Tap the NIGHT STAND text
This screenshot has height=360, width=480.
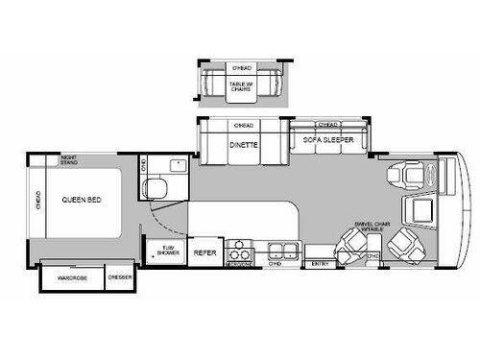pyautogui.click(x=69, y=159)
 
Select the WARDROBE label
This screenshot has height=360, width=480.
pyautogui.click(x=72, y=278)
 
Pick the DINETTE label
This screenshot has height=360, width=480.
pyautogui.click(x=243, y=144)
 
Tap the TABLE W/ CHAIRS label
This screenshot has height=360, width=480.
pyautogui.click(x=243, y=86)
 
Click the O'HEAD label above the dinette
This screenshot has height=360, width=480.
pyautogui.click(x=243, y=126)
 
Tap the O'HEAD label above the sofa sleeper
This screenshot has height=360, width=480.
pyautogui.click(x=328, y=124)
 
